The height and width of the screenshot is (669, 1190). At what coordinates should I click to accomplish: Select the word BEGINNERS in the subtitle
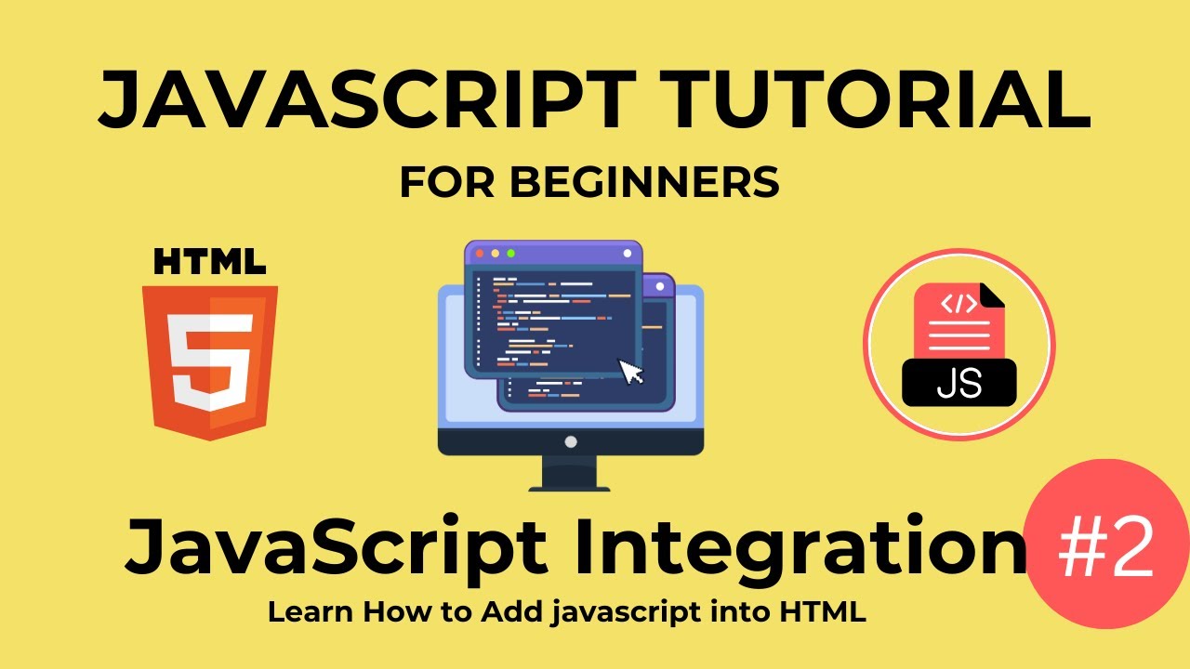[644, 183]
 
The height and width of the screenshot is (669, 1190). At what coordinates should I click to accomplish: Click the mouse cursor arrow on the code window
[632, 371]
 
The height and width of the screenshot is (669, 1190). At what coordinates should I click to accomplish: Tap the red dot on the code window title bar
[480, 253]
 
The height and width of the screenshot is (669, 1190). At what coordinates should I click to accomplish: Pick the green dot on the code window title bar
[509, 253]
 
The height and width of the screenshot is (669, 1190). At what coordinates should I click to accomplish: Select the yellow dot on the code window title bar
[495, 253]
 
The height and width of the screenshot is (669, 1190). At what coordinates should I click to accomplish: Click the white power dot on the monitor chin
[571, 441]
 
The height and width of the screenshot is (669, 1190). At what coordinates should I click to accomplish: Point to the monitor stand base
[570, 485]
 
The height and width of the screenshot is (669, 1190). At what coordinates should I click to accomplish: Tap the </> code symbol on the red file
[959, 303]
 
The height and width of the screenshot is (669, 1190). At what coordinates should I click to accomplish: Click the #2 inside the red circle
[1106, 548]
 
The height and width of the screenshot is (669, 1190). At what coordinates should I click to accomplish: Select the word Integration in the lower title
[800, 548]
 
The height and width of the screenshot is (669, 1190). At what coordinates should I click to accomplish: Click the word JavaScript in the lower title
[339, 548]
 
